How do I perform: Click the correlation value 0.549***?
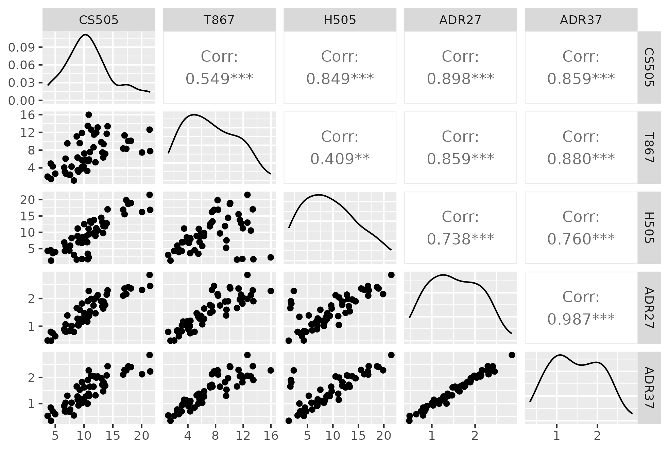pyautogui.click(x=219, y=79)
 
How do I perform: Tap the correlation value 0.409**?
pyautogui.click(x=340, y=159)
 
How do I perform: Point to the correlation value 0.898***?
pyautogui.click(x=460, y=79)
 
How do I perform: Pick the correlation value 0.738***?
pyautogui.click(x=460, y=239)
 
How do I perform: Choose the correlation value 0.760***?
pyautogui.click(x=581, y=239)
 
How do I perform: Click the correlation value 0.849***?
pyautogui.click(x=340, y=79)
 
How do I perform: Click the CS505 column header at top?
pyautogui.click(x=99, y=20)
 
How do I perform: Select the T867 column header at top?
pyautogui.click(x=219, y=20)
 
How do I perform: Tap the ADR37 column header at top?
pyautogui.click(x=581, y=20)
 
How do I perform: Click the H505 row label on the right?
pyautogui.click(x=649, y=228)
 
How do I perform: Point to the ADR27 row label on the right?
pyautogui.click(x=649, y=308)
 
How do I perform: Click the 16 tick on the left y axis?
pyautogui.click(x=29, y=115)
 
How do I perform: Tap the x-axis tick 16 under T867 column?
pyautogui.click(x=271, y=436)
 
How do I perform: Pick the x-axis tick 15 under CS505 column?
pyautogui.click(x=113, y=436)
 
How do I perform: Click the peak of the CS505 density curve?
pyautogui.click(x=86, y=35)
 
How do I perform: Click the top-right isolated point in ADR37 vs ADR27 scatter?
pyautogui.click(x=512, y=355)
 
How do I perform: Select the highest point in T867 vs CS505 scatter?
pyautogui.click(x=89, y=115)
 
